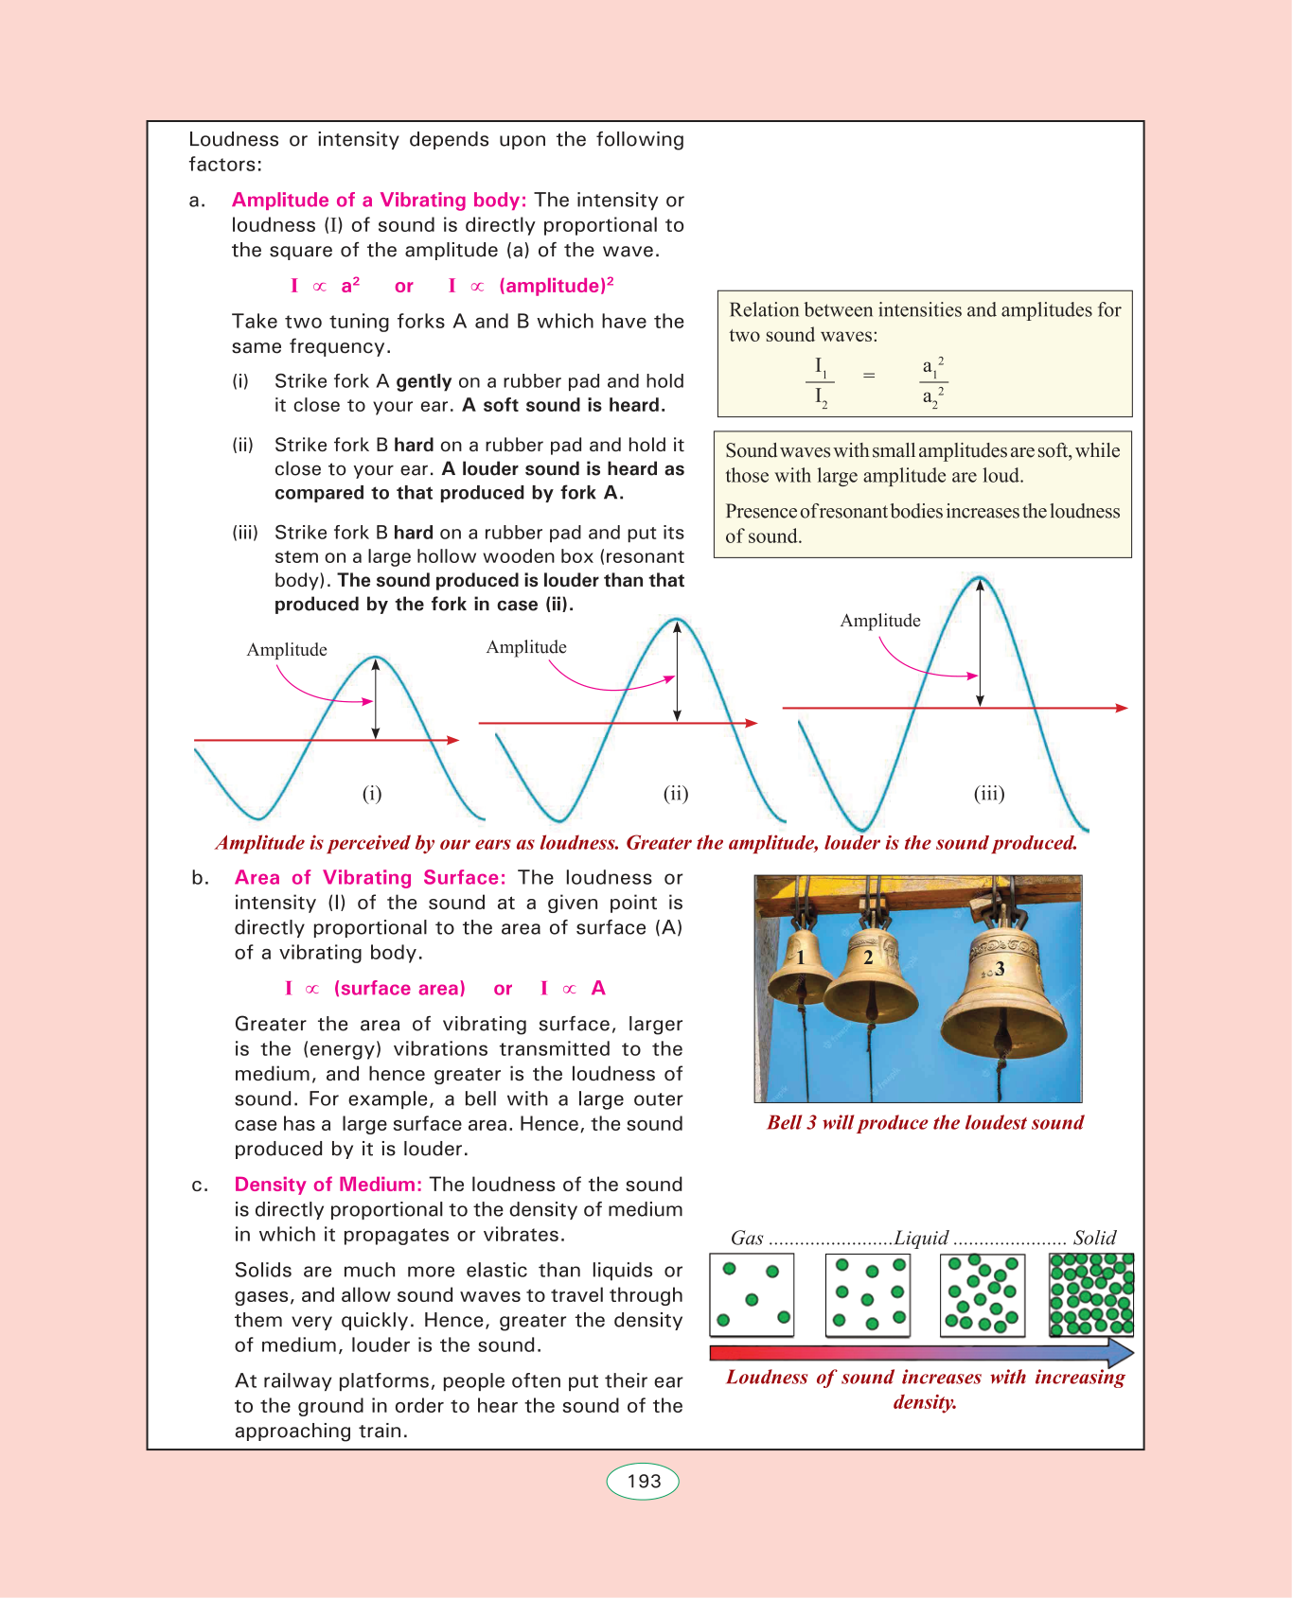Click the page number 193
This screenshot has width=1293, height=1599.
pos(643,1481)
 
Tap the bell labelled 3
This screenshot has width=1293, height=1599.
pos(1004,984)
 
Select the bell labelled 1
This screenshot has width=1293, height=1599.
pos(801,965)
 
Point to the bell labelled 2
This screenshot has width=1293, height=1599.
pos(870,970)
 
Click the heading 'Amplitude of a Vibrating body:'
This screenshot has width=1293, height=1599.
pos(379,200)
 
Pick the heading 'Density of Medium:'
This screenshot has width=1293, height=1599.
pos(328,1185)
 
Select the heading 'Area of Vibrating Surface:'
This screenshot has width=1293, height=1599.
pos(370,878)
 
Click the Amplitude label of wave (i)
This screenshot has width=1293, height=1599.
pos(287,650)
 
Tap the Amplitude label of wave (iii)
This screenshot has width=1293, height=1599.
pos(880,621)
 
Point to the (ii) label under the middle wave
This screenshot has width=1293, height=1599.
pos(676,794)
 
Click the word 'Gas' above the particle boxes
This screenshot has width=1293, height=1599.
pos(747,1239)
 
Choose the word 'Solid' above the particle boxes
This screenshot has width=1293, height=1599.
pos(1095,1239)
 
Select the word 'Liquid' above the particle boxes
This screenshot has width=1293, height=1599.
pos(921,1239)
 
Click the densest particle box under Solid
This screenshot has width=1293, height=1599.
pos(1091,1294)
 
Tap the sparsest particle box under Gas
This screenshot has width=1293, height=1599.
pos(752,1294)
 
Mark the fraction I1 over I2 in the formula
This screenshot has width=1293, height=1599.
pos(820,381)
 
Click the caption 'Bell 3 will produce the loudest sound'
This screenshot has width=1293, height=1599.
pos(925,1123)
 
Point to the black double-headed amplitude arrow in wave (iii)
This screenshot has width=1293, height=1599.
pos(980,643)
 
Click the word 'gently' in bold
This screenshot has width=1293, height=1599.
pos(423,381)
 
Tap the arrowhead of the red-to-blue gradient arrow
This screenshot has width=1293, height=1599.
pos(1121,1352)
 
